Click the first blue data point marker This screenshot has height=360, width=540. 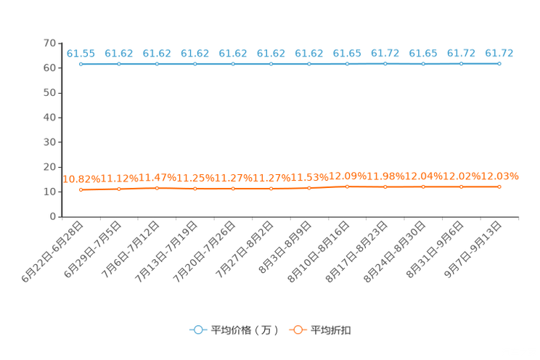(x=81, y=64)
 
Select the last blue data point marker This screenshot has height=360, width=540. (x=499, y=64)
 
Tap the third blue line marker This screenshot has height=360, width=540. (x=157, y=64)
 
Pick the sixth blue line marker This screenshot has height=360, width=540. (x=271, y=64)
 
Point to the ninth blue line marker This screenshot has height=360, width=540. (x=385, y=64)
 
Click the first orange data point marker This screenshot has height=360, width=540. (x=81, y=190)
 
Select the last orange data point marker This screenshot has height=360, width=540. (x=499, y=187)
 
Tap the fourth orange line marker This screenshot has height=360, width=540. (x=195, y=189)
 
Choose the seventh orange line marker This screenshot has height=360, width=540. (x=309, y=188)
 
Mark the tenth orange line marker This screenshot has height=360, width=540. (x=423, y=187)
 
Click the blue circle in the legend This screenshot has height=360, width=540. (x=197, y=330)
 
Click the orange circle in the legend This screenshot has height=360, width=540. (x=298, y=330)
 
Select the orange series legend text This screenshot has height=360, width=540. (x=332, y=330)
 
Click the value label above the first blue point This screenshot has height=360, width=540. (x=81, y=53)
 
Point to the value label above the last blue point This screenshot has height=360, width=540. (x=499, y=53)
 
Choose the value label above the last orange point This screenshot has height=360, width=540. (x=502, y=175)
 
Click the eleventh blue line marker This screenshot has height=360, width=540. (x=461, y=64)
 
